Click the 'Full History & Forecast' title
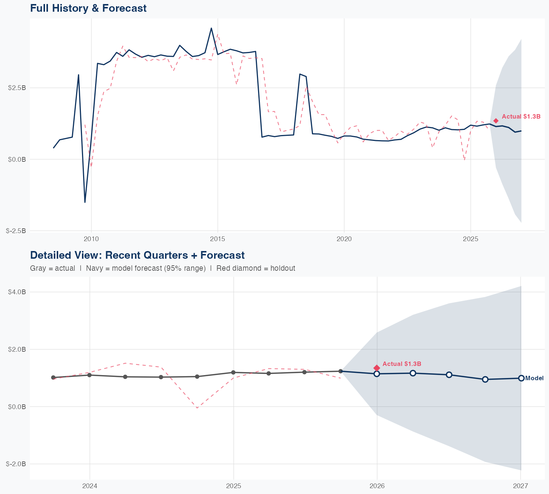(x=88, y=8)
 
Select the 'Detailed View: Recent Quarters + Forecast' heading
(x=137, y=255)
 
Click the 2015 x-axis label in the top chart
(x=218, y=239)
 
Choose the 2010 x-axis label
(x=91, y=239)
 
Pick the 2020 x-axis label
(x=344, y=239)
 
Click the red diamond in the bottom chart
(x=377, y=368)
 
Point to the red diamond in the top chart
(x=496, y=121)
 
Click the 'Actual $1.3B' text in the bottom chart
(x=402, y=364)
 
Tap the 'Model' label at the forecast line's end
(x=534, y=378)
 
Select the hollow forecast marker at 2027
(x=521, y=378)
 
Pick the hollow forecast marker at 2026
(x=377, y=374)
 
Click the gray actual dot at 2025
(x=233, y=373)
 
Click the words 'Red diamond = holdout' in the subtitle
(x=255, y=268)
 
